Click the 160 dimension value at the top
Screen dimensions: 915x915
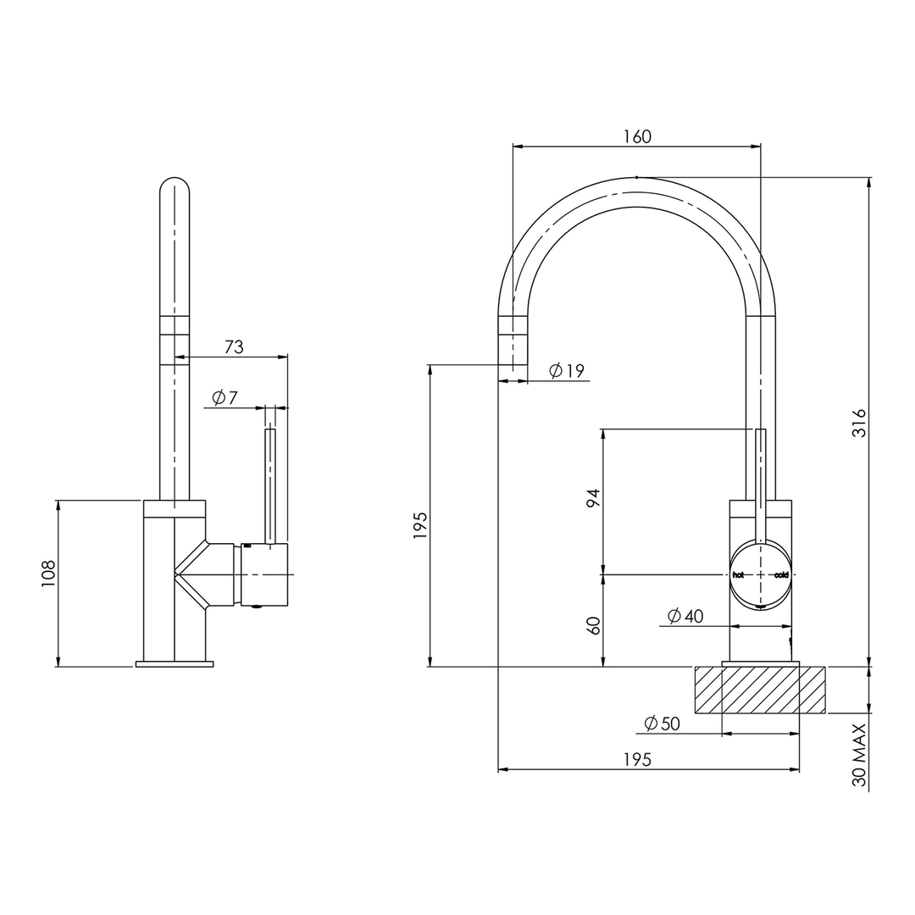[x=637, y=136]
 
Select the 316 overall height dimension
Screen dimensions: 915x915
[x=859, y=422]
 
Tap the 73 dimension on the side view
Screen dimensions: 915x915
[x=234, y=347]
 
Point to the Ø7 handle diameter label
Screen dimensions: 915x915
[x=225, y=397]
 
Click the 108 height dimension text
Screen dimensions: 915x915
[x=47, y=573]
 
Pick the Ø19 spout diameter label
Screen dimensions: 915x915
[x=567, y=370]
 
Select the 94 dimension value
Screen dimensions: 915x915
[x=593, y=497]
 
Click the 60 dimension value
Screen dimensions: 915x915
[x=593, y=625]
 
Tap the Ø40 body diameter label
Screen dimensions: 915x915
[x=685, y=616]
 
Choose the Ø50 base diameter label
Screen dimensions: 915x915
[x=662, y=724]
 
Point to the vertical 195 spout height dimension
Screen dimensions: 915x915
[x=421, y=525]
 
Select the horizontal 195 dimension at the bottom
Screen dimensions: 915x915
[x=637, y=760]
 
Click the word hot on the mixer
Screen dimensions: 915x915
[x=738, y=574]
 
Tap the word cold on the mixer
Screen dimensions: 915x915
[x=781, y=574]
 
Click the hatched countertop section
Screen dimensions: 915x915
[x=760, y=689]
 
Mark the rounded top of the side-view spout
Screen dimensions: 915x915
[x=175, y=187]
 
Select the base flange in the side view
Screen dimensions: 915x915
[x=175, y=663]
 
